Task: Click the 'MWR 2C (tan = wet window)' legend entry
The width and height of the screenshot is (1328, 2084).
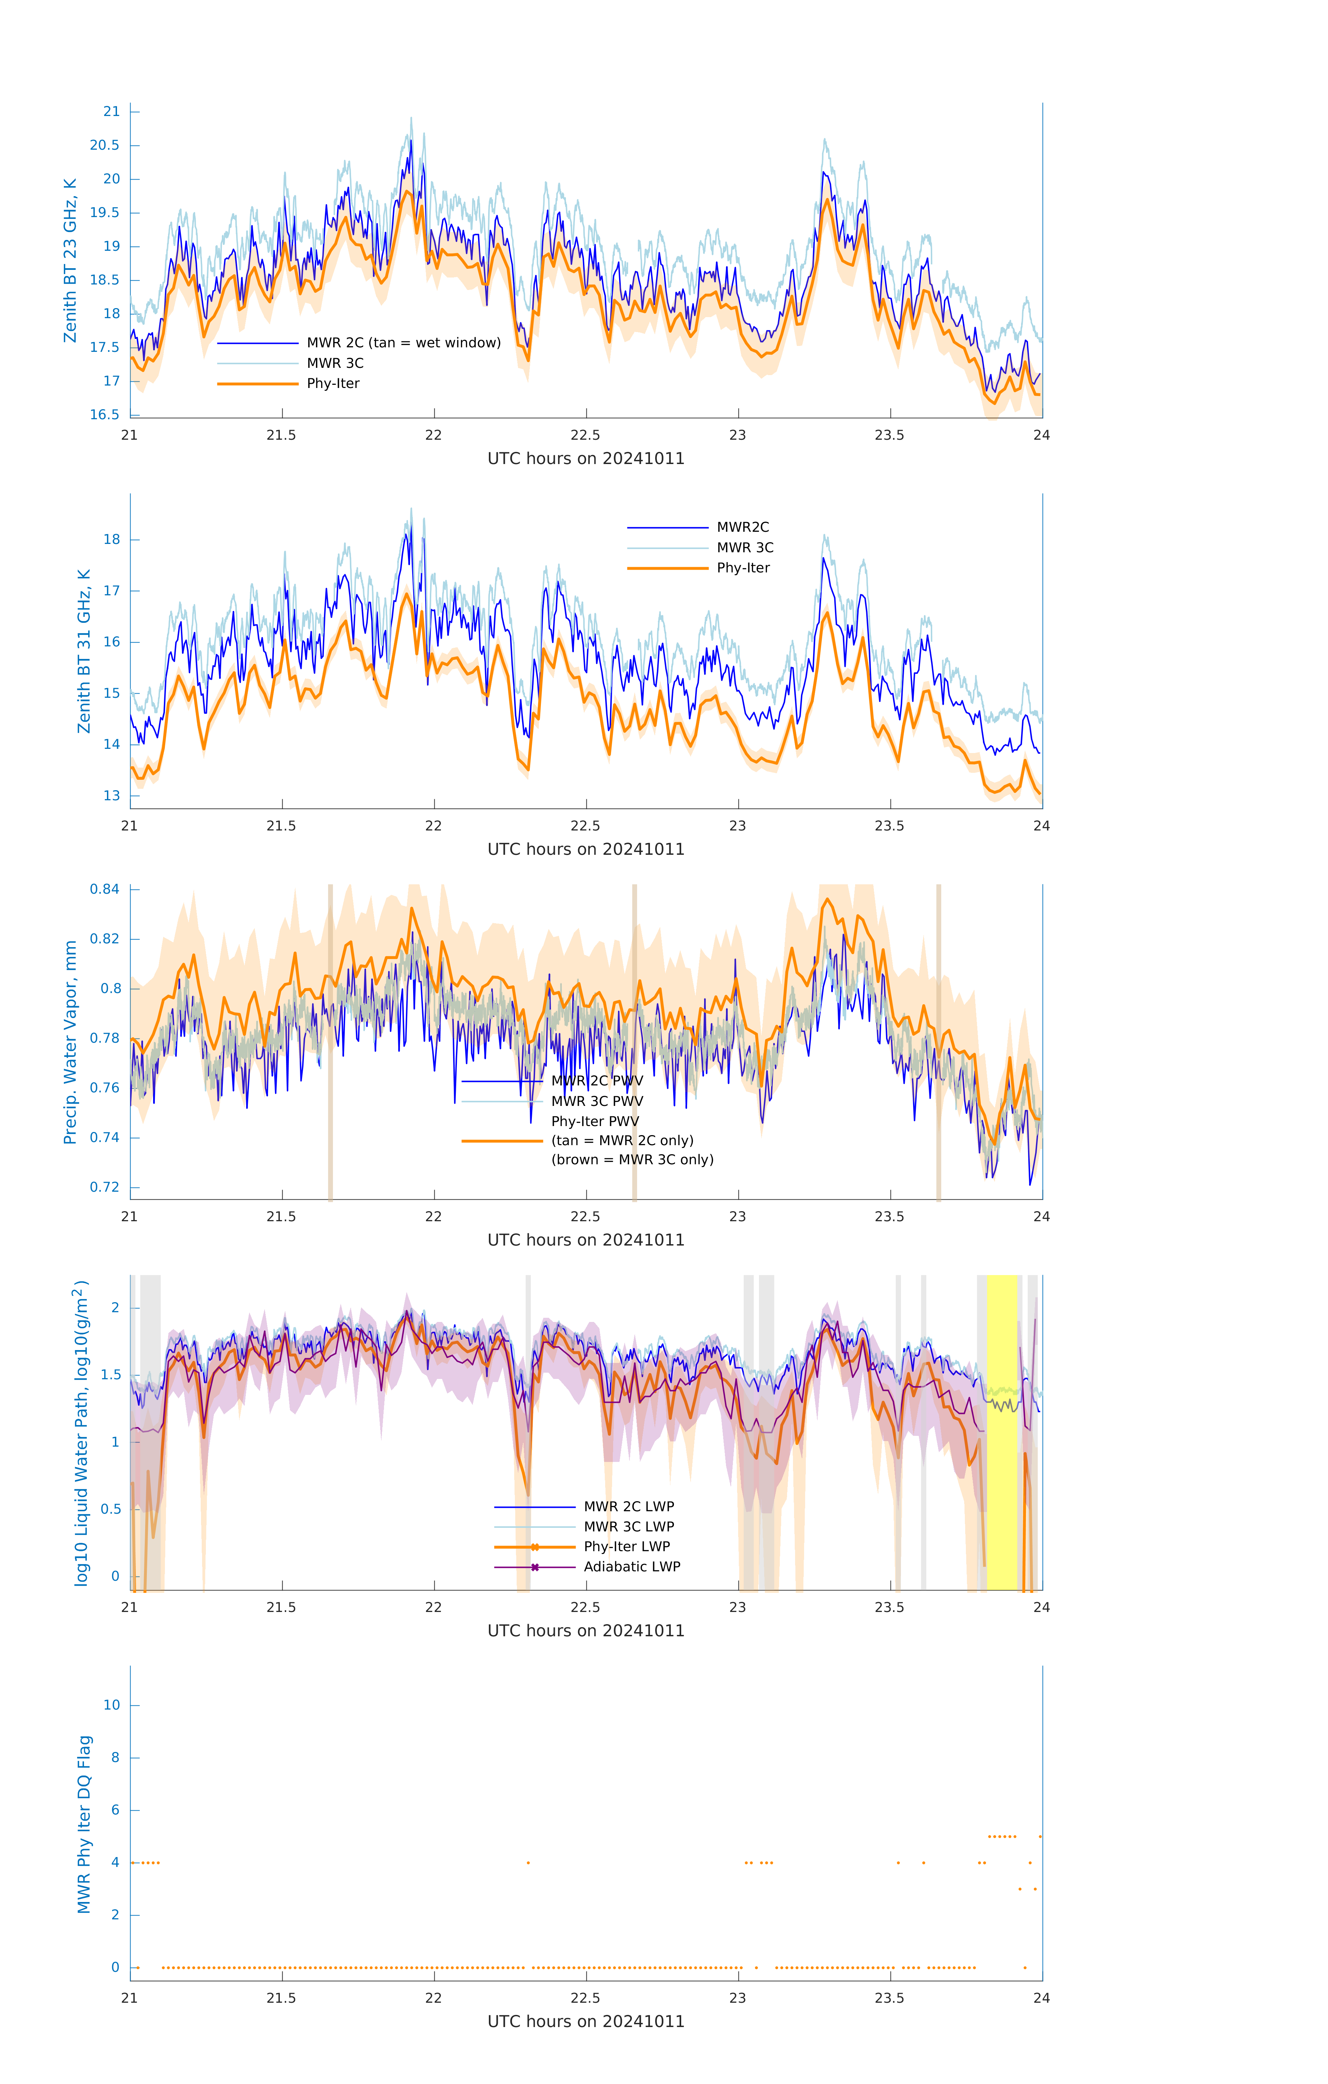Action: (403, 343)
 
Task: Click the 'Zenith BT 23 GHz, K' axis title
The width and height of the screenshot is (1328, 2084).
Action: (70, 260)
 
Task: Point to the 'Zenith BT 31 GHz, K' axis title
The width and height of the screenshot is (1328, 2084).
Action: (84, 651)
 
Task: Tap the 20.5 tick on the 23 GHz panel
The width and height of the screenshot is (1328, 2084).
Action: (105, 146)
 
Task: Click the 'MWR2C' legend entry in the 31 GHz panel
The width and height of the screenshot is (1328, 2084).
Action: (742, 527)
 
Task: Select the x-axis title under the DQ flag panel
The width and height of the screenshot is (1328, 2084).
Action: (586, 2022)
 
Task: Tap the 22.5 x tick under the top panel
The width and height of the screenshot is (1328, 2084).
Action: (586, 435)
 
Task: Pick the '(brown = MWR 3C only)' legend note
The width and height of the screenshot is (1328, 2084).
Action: (633, 1160)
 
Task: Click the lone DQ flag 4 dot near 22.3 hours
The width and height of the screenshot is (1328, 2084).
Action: (528, 1862)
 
